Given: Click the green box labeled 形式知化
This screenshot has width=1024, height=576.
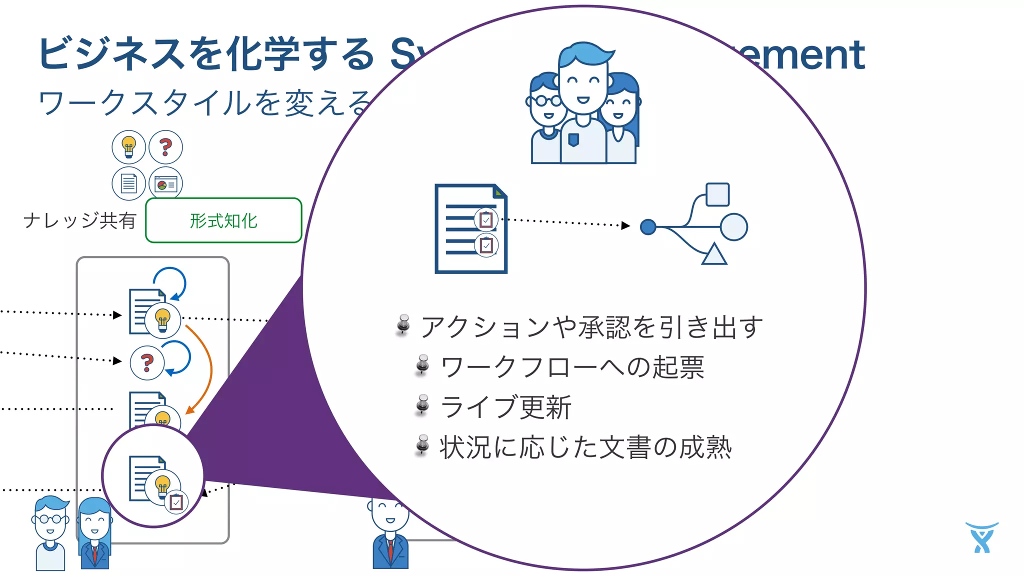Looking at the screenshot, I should click(x=223, y=220).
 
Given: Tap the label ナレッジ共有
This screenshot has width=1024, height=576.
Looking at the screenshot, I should click(x=80, y=220).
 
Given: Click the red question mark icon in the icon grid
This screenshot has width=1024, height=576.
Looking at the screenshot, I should click(x=165, y=147).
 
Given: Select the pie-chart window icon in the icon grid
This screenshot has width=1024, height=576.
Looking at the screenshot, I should click(x=165, y=184).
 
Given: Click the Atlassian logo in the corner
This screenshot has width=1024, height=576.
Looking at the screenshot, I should click(x=981, y=538).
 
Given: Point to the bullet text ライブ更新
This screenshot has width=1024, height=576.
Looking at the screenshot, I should click(x=505, y=407).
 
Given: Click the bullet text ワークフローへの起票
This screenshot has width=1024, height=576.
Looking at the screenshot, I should click(x=572, y=367).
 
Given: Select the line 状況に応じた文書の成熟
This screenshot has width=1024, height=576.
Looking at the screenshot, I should click(x=585, y=447).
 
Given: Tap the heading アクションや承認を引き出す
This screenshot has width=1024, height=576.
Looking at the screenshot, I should click(x=591, y=327).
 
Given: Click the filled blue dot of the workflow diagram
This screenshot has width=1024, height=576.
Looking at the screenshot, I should click(x=648, y=227).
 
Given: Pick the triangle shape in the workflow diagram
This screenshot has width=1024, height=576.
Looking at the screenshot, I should click(x=714, y=254).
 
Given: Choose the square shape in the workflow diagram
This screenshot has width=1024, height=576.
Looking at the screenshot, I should click(x=717, y=194).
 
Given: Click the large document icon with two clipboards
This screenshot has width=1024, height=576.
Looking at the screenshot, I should click(x=470, y=228).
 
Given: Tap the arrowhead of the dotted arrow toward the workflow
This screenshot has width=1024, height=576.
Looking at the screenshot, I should click(x=625, y=225).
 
